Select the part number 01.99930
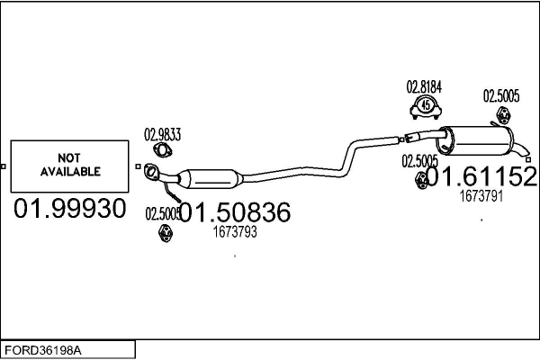click(69, 210)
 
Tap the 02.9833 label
click(163, 135)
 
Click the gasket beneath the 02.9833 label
click(162, 151)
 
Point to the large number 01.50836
click(236, 213)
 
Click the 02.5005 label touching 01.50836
click(162, 213)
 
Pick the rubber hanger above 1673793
click(165, 234)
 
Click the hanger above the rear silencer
click(503, 115)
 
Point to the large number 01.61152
click(486, 177)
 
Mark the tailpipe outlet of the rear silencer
click(527, 158)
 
